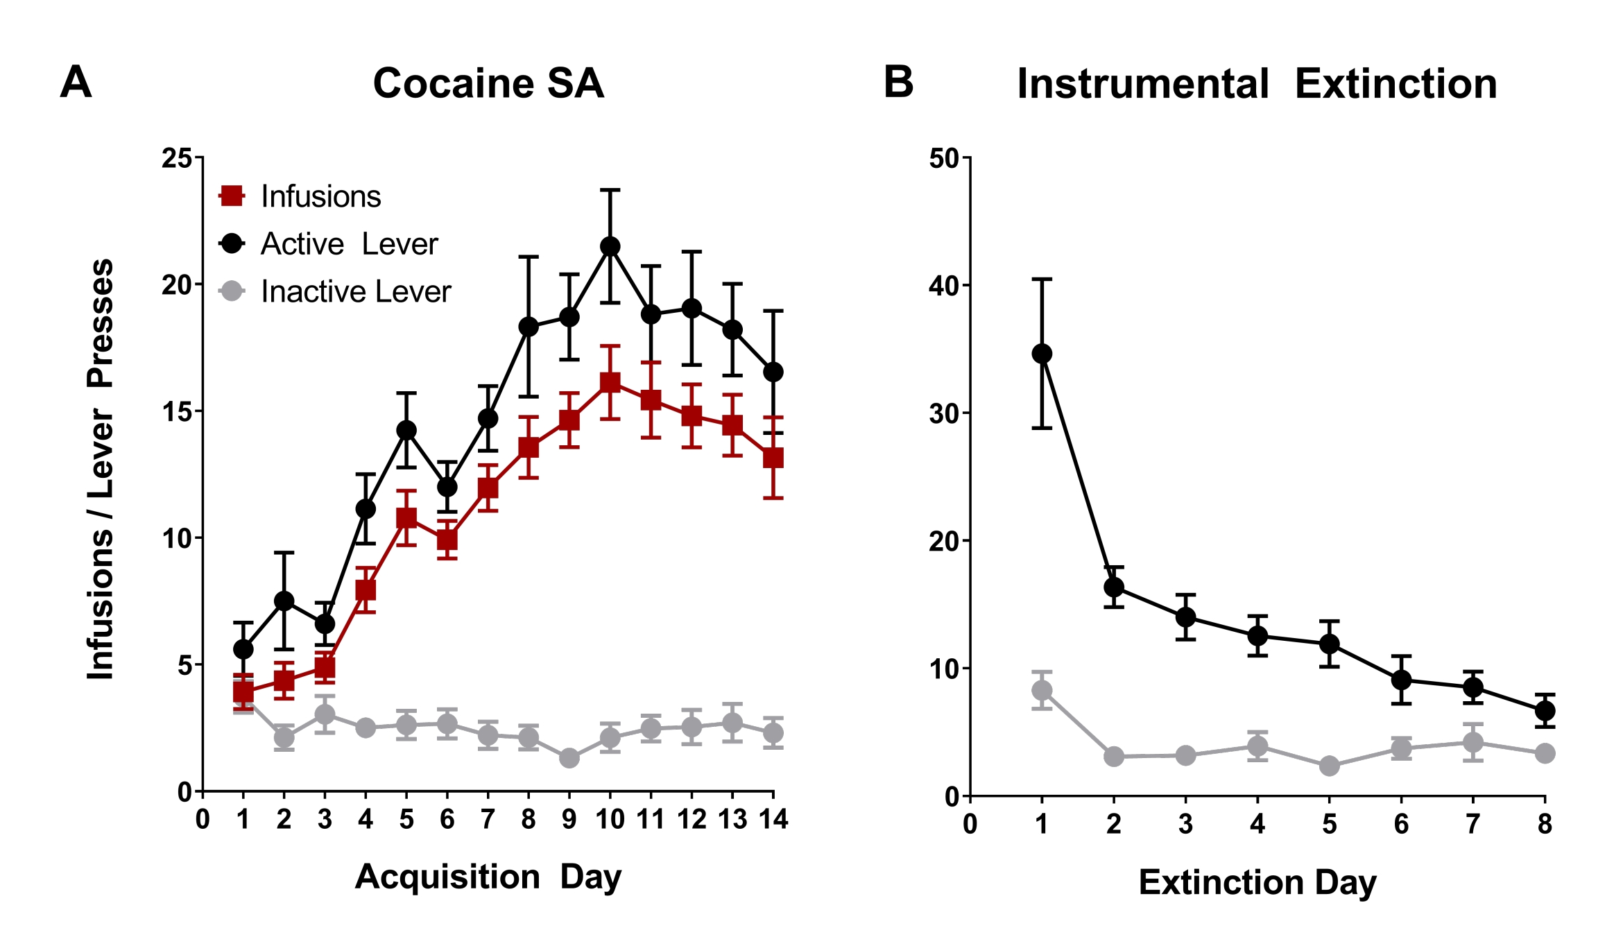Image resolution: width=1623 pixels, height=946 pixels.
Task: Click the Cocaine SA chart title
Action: pos(488,83)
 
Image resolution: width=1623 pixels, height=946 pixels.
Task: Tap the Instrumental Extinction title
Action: pos(1257,84)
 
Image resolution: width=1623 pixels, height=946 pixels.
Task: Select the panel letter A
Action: pos(76,83)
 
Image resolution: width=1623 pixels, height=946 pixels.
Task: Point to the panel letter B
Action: pos(898,83)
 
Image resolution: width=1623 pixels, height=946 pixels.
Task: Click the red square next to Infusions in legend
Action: pos(231,196)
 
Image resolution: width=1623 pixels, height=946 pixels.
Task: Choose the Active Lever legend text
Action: pos(349,244)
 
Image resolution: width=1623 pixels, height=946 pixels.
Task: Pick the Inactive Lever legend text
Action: pos(356,292)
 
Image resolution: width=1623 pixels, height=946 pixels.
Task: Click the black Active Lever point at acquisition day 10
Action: pos(610,246)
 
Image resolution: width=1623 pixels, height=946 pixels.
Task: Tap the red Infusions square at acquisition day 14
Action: pos(773,458)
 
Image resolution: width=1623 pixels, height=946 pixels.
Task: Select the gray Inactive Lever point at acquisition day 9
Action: pos(569,758)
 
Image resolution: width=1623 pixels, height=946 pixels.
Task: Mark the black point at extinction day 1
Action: pos(1042,354)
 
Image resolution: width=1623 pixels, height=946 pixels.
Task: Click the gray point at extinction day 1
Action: pos(1042,690)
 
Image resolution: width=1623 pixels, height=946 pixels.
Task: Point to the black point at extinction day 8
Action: pos(1545,710)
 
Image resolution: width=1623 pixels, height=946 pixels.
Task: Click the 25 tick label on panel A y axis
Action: pos(177,158)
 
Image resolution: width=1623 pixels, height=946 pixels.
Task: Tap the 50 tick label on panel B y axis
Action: pos(944,158)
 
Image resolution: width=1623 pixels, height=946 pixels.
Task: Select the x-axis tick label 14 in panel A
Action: pos(773,820)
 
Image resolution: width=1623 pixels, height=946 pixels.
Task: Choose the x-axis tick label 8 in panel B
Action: pos(1545,824)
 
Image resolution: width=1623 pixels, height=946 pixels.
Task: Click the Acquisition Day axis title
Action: pos(488,877)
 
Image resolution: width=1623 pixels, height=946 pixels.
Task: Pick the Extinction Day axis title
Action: pos(1257,882)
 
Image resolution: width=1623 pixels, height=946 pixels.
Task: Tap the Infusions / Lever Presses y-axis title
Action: pos(101,469)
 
